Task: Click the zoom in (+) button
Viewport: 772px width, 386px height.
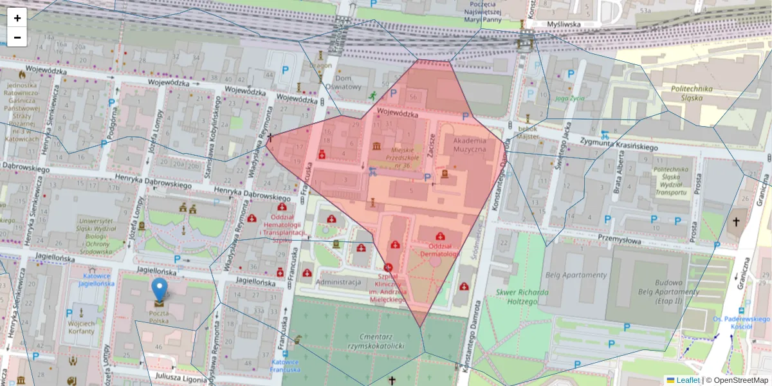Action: point(17,18)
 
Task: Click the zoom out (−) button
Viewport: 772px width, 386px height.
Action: point(17,37)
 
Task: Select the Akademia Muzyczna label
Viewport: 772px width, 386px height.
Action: point(470,145)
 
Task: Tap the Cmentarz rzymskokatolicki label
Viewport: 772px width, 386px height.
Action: point(373,342)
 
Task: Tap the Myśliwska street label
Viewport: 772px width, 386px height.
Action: point(564,24)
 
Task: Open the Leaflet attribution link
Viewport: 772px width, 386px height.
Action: point(686,380)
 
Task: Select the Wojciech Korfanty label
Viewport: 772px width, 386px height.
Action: point(81,327)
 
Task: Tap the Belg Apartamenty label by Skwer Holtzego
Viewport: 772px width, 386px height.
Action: point(575,275)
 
